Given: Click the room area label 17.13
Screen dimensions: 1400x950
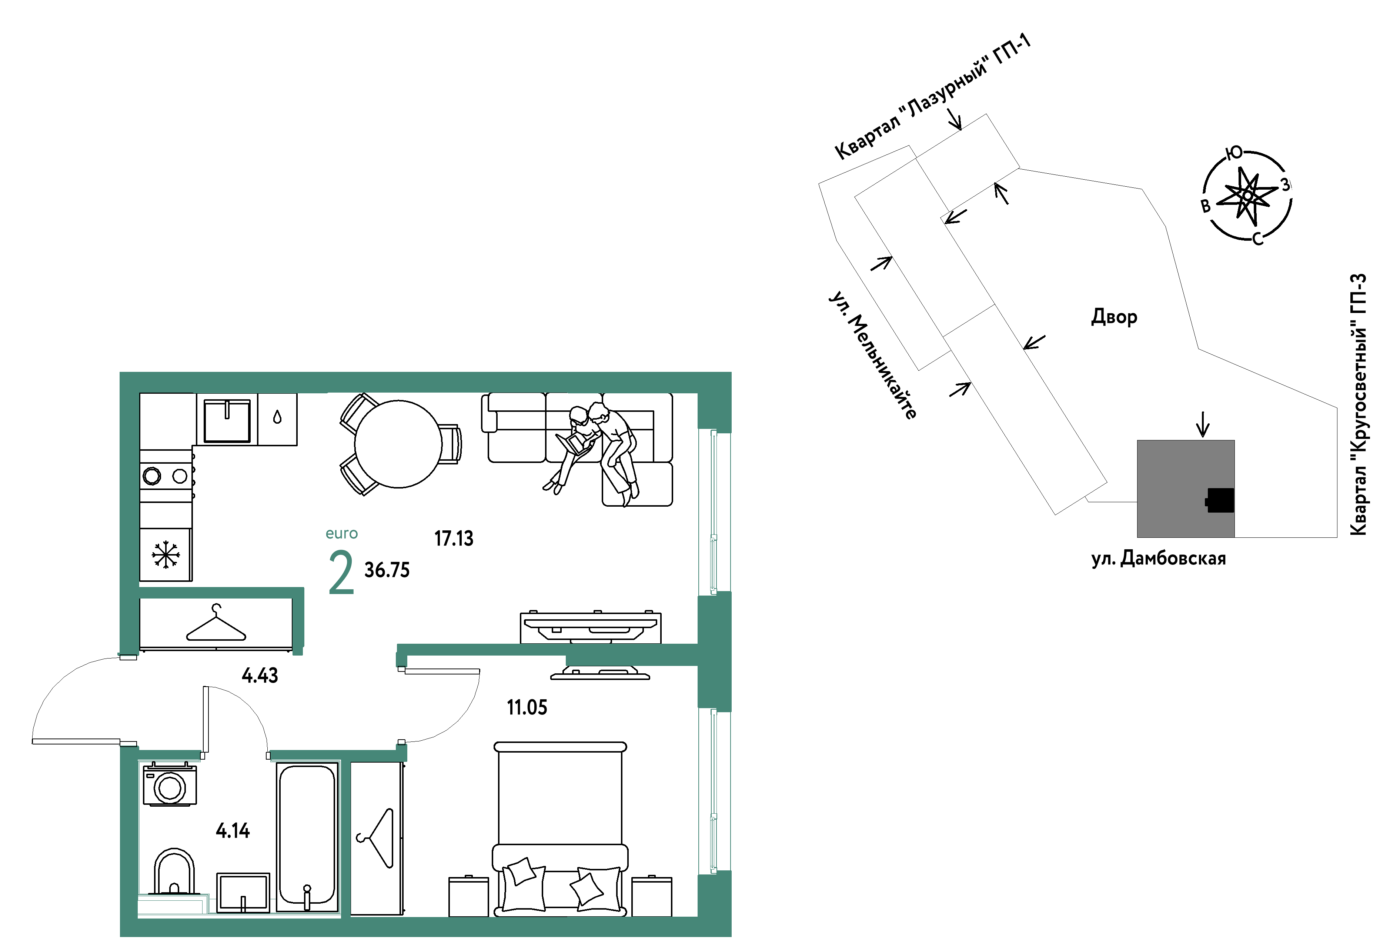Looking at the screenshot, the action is pos(454,538).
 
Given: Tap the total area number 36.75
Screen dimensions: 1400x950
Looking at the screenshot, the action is pos(387,570).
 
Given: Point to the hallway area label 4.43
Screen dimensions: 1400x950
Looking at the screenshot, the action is pos(260,675).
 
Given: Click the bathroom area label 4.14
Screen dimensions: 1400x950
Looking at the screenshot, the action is pos(233,831).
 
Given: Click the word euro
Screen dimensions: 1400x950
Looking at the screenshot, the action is pos(341,534).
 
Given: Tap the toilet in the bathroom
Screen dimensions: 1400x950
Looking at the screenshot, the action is pos(174,871).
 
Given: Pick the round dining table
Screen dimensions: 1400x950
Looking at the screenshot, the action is pos(398,444).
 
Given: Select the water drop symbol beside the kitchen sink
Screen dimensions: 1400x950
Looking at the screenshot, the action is pos(277,417).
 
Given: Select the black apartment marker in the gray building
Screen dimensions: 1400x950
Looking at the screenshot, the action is pos(1220,500).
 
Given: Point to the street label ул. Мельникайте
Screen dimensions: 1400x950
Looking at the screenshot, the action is pos(873,356).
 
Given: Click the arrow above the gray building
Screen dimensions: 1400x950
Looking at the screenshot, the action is pos(1202,424).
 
